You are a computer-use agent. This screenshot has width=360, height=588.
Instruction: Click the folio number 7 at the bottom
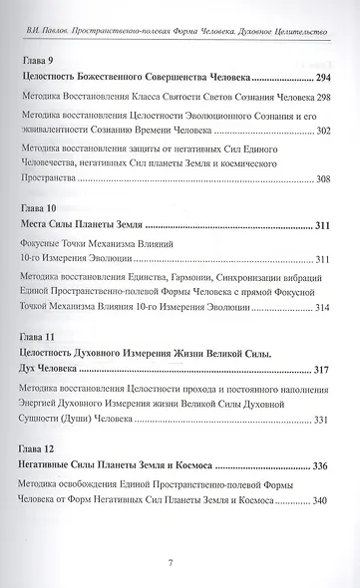coord(180,562)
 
